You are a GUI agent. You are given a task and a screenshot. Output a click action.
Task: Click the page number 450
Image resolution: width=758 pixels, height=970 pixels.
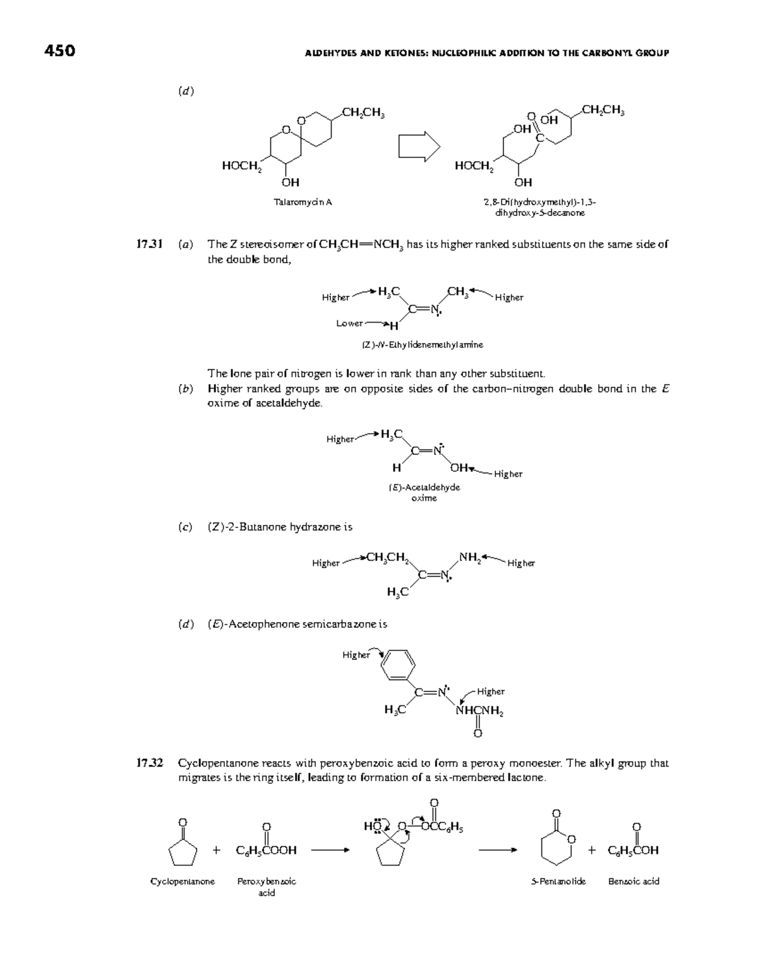[x=60, y=51]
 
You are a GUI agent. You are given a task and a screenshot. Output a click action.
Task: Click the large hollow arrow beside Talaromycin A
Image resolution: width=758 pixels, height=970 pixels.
[x=419, y=147]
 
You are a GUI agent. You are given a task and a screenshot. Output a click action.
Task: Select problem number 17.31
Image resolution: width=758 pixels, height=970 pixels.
[x=150, y=244]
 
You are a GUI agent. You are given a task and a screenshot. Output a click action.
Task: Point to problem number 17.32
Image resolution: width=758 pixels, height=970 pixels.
[x=150, y=763]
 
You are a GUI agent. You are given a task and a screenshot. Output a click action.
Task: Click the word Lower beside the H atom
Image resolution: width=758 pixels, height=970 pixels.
[x=349, y=323]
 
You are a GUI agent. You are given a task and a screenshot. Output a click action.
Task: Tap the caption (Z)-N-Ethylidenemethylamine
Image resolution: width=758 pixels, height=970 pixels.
[x=422, y=345]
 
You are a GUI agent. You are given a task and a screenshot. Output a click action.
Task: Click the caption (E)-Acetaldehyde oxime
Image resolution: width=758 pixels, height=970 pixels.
[x=424, y=493]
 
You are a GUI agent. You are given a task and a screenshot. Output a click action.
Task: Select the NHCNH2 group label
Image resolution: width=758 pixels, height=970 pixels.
[x=479, y=712]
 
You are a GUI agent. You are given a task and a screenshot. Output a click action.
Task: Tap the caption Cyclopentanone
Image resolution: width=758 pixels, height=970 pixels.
[x=182, y=881]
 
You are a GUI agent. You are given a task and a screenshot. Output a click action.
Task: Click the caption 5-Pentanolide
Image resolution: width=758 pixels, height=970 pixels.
[x=558, y=881]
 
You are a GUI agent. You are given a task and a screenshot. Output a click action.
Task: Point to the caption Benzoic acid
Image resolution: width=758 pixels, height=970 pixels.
[x=633, y=881]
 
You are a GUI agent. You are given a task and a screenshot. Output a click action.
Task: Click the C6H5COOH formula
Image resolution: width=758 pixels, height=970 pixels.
[x=266, y=850]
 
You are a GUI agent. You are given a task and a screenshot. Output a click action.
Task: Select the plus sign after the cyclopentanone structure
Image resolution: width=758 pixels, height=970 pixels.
[x=217, y=850]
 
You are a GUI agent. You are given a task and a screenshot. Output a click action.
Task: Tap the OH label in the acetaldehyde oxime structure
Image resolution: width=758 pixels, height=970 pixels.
[x=459, y=468]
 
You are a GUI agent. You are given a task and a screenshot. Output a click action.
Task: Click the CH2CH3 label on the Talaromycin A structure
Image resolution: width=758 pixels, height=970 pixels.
[x=363, y=113]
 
